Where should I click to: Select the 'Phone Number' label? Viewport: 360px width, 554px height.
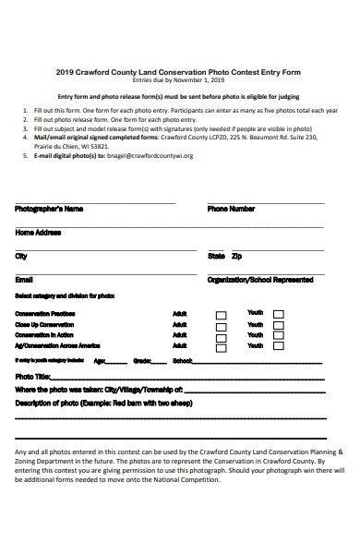click(x=231, y=209)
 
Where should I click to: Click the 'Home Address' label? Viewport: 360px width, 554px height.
click(x=38, y=232)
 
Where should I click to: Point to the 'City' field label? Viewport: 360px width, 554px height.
click(x=21, y=256)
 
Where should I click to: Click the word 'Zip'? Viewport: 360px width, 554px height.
click(x=237, y=256)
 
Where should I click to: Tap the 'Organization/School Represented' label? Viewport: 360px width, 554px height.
click(x=259, y=279)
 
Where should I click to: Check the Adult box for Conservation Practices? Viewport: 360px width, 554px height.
click(x=221, y=315)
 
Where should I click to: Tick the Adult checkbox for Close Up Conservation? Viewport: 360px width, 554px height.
click(x=221, y=326)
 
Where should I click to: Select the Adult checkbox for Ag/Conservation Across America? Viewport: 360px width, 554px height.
click(x=221, y=348)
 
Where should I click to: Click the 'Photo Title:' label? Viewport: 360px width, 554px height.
click(x=33, y=377)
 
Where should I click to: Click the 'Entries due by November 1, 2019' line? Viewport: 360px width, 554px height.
click(x=178, y=80)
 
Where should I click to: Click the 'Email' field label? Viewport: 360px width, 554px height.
click(x=24, y=279)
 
